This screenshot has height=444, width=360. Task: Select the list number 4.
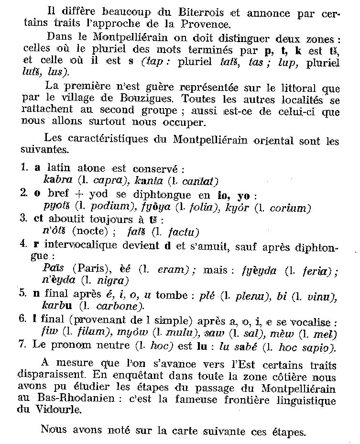24,244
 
